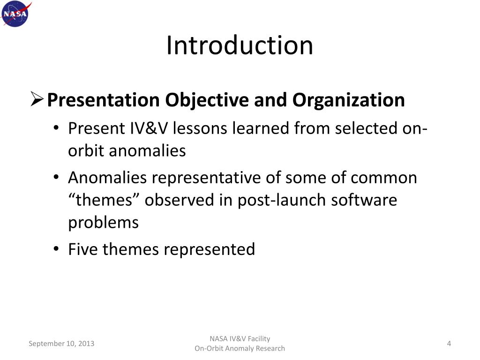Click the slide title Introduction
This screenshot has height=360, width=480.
click(240, 45)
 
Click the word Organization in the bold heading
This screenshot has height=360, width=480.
click(349, 100)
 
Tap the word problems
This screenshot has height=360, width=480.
click(104, 222)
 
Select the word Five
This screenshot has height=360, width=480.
click(83, 249)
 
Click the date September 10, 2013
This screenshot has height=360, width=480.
click(61, 344)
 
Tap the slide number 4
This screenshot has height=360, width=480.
click(449, 344)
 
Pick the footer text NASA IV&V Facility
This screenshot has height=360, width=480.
click(240, 339)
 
